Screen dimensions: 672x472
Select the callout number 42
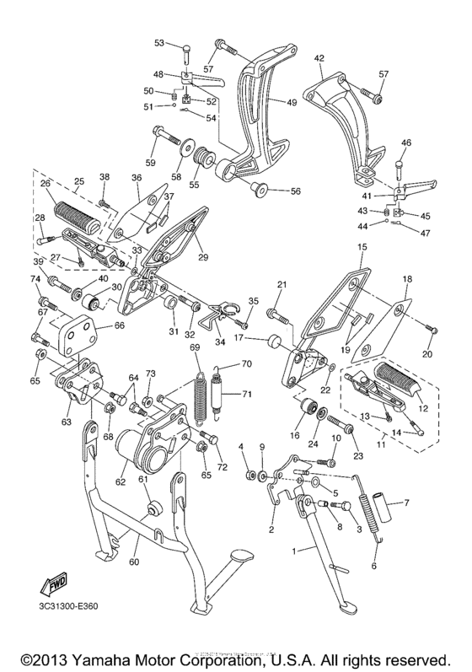coord(319,58)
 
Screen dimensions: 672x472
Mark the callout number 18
coord(406,277)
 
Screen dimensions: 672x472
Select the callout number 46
coord(406,142)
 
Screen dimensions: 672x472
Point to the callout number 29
coord(201,257)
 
